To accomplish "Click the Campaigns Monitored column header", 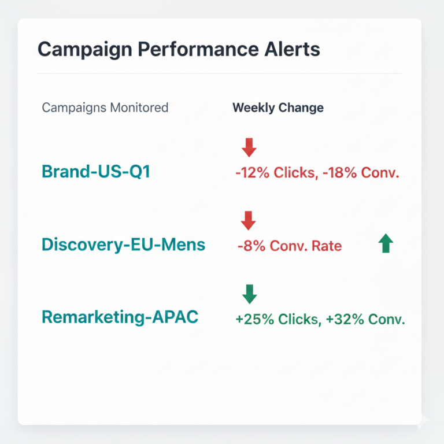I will (x=105, y=108).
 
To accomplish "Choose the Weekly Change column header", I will (x=277, y=108).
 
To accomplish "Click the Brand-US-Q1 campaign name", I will (x=95, y=172).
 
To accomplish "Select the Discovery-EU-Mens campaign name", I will (x=123, y=245).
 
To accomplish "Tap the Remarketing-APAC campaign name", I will (x=120, y=317).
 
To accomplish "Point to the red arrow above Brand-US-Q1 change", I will (x=249, y=147).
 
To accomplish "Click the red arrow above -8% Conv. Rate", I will (x=248, y=220).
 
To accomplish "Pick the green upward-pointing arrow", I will (x=386, y=243).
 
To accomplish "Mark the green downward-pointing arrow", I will (x=249, y=294).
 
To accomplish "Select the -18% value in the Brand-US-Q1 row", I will (x=336, y=173).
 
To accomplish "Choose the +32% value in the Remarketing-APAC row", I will (x=342, y=319).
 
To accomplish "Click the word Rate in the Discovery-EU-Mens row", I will (x=327, y=246).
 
